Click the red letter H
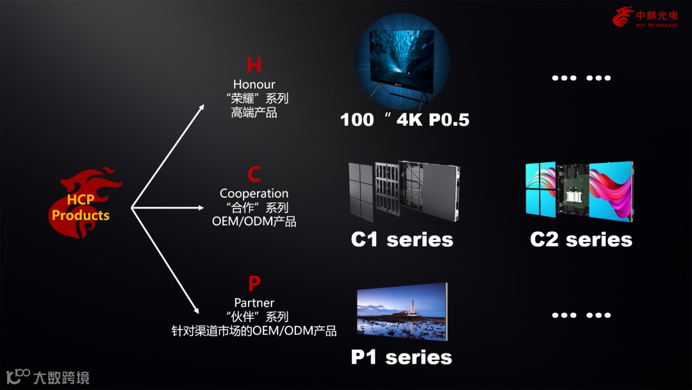pos(254,65)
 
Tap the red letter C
pos(254,174)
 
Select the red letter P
pos(254,284)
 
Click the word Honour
pos(254,85)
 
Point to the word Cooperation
pos(254,194)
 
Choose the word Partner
pos(254,303)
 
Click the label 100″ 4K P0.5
pos(404,119)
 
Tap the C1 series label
pos(402,240)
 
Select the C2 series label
pos(581,240)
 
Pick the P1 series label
pos(402,357)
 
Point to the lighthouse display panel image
pos(402,312)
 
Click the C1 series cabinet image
pos(404,191)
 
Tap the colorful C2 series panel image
pos(580,191)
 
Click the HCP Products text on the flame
pos(81,208)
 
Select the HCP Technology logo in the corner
pos(645,17)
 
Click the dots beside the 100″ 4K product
pos(581,78)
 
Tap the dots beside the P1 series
pos(581,315)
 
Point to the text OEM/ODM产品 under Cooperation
pos(254,222)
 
